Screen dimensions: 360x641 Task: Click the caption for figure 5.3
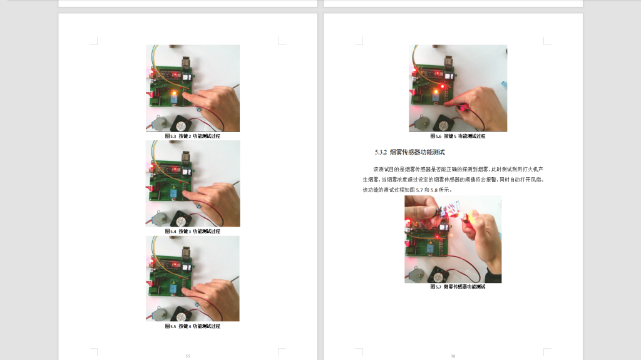pos(192,136)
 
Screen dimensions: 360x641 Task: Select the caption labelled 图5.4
pos(192,231)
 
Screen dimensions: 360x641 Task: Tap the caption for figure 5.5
pos(192,326)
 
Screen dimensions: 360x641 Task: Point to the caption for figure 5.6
pos(458,136)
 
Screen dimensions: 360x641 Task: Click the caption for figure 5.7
pos(458,287)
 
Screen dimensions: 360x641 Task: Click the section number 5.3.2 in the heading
pos(381,152)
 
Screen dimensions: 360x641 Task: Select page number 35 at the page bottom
pos(188,356)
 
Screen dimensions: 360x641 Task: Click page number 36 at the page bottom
pos(453,356)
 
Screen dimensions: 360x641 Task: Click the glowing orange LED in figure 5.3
pos(173,93)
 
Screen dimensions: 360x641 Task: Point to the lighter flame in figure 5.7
pos(466,217)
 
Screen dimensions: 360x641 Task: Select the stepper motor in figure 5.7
pos(418,272)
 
